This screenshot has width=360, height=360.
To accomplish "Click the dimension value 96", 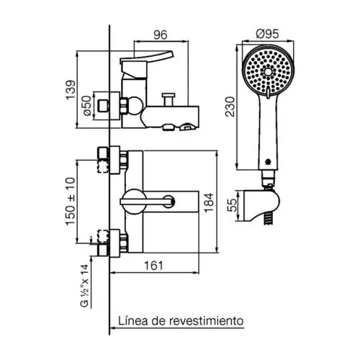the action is [x=161, y=35].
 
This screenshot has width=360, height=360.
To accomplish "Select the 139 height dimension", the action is [x=71, y=90].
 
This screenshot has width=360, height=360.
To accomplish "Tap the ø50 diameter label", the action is [x=88, y=106].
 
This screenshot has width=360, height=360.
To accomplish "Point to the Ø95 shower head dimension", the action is [x=267, y=34].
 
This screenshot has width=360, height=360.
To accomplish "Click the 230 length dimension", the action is [x=230, y=107].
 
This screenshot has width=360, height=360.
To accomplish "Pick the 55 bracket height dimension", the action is [x=232, y=205].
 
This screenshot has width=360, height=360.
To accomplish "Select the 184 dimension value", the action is [x=209, y=202].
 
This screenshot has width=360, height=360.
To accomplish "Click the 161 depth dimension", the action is [x=153, y=266].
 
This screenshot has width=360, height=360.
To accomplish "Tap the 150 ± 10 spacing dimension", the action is [x=71, y=201].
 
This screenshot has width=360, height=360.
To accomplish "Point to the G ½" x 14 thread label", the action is [x=84, y=286].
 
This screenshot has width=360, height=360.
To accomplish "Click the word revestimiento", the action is [x=207, y=320].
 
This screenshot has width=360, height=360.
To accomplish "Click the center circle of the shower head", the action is [x=268, y=72].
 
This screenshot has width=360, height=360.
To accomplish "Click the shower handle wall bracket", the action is [x=261, y=206].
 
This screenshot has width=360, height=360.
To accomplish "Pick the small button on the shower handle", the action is [x=268, y=162].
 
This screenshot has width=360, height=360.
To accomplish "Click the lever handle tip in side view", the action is [x=171, y=54].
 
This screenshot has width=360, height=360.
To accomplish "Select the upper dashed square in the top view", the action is [x=103, y=166].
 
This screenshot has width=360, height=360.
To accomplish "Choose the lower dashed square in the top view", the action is [x=103, y=236].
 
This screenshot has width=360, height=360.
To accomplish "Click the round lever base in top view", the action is [x=133, y=202].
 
